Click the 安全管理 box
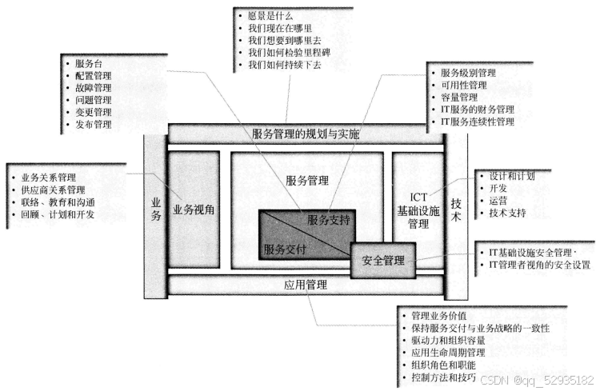(383, 260)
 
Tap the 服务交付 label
(285, 249)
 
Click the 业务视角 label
(194, 209)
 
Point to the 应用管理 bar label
(306, 284)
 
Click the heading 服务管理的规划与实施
(305, 134)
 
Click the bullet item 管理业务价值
(438, 316)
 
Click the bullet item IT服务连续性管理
(477, 122)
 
